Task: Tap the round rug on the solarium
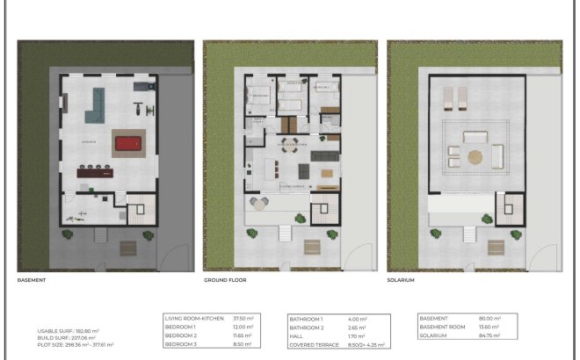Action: pyautogui.click(x=475, y=157)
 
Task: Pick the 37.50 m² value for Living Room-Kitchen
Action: pyautogui.click(x=243, y=319)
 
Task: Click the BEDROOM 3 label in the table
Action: pyautogui.click(x=183, y=344)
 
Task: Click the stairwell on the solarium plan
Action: pyautogui.click(x=507, y=211)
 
